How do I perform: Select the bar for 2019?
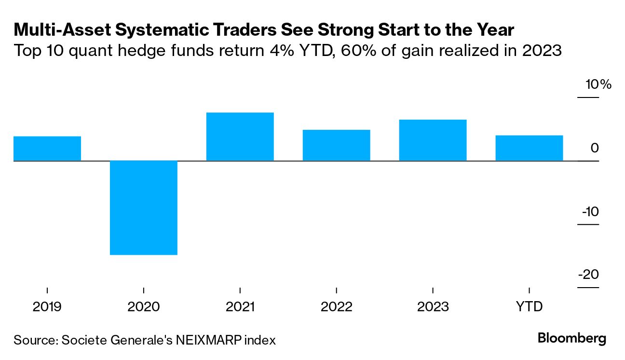47,149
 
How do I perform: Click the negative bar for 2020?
144,208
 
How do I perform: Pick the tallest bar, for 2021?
240,137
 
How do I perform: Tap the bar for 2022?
337,145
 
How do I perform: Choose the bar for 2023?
433,140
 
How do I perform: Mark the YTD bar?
530,148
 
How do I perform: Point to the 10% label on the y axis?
598,85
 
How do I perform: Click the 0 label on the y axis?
595,148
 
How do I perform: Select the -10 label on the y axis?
590,211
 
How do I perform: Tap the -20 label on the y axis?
589,275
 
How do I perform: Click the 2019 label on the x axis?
47,307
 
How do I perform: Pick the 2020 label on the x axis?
144,307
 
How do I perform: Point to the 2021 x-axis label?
240,307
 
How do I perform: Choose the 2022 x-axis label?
337,307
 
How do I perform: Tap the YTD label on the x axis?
530,307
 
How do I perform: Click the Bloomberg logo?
572,339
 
